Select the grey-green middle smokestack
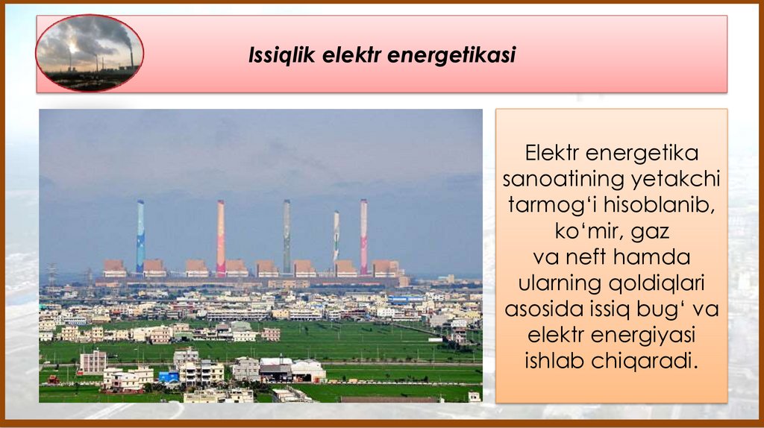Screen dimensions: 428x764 click(286, 235)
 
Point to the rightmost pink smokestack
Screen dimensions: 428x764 click(363, 235)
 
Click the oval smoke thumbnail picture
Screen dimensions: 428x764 click(90, 53)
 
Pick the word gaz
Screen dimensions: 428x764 click(650, 231)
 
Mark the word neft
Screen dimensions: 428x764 click(589, 257)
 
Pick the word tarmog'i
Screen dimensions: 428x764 click(545, 205)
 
